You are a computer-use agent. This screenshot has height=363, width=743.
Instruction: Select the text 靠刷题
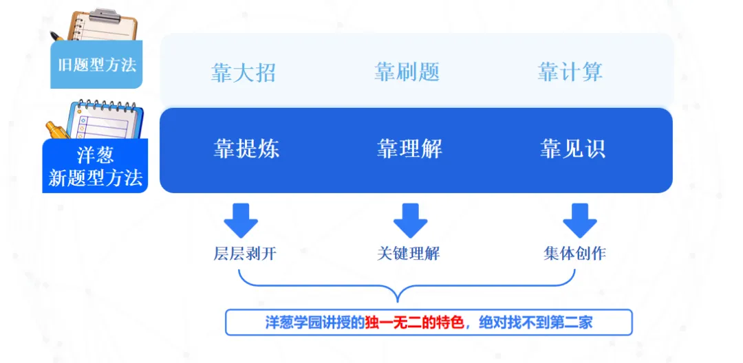click(407, 72)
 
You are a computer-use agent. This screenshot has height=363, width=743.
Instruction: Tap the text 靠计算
click(570, 72)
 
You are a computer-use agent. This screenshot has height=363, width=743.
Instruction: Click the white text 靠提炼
click(246, 149)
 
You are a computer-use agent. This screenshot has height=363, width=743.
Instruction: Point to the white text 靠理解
click(409, 149)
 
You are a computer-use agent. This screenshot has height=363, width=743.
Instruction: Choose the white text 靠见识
click(572, 149)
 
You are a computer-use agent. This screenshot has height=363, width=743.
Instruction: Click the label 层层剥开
click(245, 254)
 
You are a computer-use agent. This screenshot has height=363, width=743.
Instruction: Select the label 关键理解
click(408, 254)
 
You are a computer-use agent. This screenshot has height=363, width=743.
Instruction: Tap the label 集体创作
click(574, 254)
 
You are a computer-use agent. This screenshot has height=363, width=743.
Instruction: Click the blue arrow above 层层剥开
click(241, 219)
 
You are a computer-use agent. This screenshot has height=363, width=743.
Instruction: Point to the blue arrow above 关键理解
click(411, 219)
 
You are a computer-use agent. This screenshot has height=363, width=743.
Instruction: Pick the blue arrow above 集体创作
click(580, 219)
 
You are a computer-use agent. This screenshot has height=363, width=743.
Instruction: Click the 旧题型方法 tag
click(96, 65)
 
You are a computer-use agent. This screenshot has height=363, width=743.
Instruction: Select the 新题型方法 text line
click(96, 179)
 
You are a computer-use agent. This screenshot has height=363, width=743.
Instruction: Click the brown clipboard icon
click(96, 27)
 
